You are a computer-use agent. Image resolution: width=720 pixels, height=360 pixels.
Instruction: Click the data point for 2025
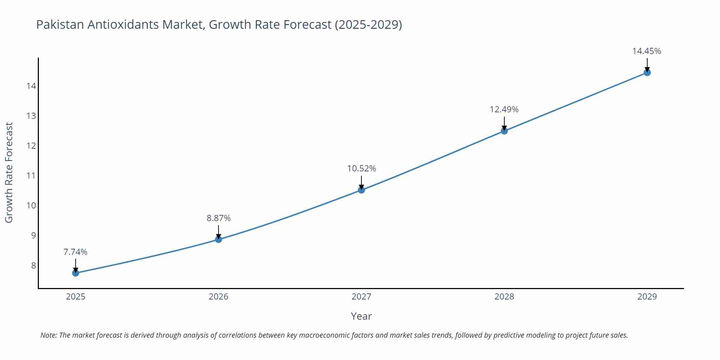pyautogui.click(x=76, y=273)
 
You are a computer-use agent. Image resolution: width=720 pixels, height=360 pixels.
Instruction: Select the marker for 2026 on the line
pyautogui.click(x=219, y=239)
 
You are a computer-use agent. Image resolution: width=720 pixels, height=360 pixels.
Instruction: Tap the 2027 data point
pyautogui.click(x=361, y=190)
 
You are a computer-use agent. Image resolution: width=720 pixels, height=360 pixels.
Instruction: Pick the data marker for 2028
pyautogui.click(x=504, y=131)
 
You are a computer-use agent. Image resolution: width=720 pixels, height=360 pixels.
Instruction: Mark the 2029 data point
pyautogui.click(x=647, y=73)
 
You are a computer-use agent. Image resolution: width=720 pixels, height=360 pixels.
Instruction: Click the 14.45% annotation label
pyautogui.click(x=647, y=51)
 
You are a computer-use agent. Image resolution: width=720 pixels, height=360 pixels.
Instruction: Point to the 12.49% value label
pyautogui.click(x=504, y=109)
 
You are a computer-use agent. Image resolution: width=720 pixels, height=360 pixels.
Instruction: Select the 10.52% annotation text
pyautogui.click(x=361, y=168)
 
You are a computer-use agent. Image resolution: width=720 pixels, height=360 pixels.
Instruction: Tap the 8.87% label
pyautogui.click(x=219, y=218)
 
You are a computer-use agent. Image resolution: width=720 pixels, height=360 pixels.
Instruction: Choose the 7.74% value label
pyautogui.click(x=76, y=252)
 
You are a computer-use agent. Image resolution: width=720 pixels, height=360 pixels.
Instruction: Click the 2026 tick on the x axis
pyautogui.click(x=219, y=297)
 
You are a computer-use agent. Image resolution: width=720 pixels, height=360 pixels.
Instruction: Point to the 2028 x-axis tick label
pyautogui.click(x=504, y=297)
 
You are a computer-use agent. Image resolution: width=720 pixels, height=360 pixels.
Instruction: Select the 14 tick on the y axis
pyautogui.click(x=31, y=86)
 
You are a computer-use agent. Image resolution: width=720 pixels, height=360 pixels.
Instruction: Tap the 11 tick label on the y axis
pyautogui.click(x=31, y=176)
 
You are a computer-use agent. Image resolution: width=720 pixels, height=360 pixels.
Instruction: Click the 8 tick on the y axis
pyautogui.click(x=33, y=266)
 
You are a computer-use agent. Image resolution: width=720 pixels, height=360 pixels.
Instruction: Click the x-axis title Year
pyautogui.click(x=361, y=316)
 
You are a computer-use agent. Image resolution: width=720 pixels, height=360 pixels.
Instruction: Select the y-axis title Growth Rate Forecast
pyautogui.click(x=9, y=172)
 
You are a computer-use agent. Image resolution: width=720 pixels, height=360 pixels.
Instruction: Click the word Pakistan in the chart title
pyautogui.click(x=60, y=24)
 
